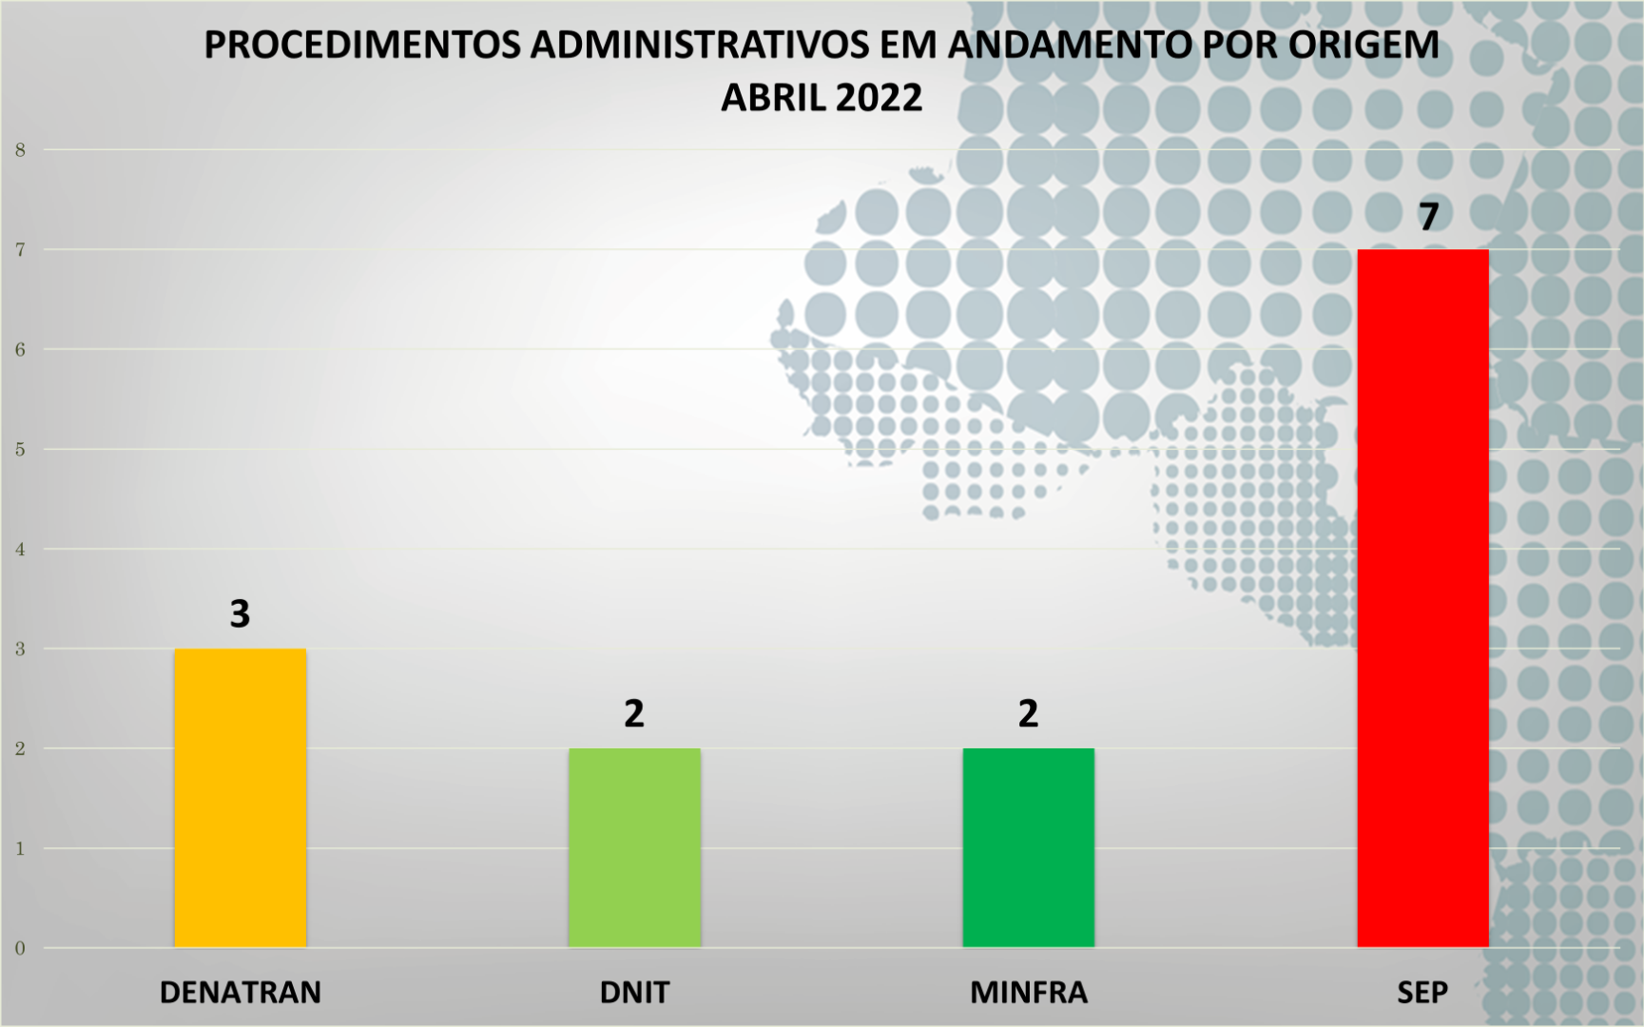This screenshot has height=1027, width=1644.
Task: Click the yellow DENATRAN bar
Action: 240,798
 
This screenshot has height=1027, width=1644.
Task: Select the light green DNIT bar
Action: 634,847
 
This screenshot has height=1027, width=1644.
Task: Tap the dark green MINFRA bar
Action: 1028,847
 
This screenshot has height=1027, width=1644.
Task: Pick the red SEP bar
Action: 1422,598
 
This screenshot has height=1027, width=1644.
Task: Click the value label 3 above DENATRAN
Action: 240,614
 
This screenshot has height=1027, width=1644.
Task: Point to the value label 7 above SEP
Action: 1428,217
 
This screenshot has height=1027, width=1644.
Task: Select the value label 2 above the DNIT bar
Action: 634,713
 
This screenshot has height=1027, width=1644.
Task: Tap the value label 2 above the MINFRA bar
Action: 1028,713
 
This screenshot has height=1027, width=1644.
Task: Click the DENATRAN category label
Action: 240,993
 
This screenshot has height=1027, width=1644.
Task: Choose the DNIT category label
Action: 634,993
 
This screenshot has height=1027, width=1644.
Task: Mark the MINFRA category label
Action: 1028,993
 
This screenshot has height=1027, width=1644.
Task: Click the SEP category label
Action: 1422,993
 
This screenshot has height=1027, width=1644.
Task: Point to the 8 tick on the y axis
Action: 20,149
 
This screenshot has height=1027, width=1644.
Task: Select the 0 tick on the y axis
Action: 20,948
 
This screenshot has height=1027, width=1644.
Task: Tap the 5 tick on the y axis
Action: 20,449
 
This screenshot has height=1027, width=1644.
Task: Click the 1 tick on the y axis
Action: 20,848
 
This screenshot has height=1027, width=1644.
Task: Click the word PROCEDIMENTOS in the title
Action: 362,45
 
